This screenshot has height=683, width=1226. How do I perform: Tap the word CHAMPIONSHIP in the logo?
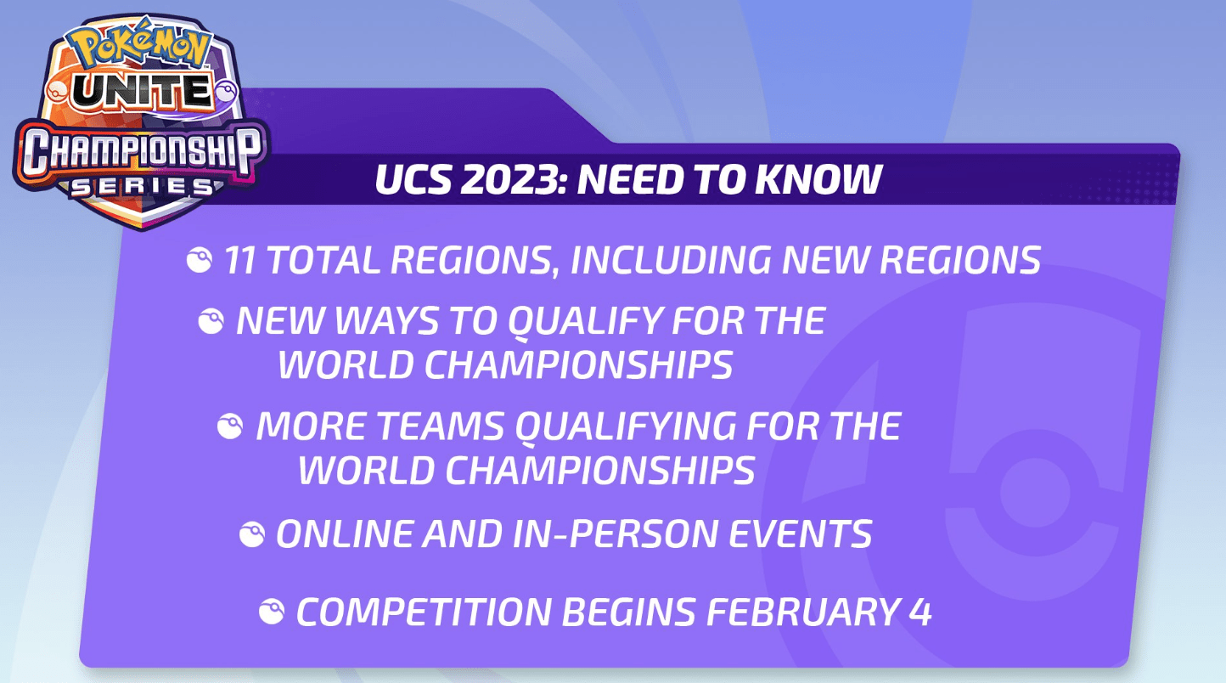click(142, 151)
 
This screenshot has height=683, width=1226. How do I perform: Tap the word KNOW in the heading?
click(818, 179)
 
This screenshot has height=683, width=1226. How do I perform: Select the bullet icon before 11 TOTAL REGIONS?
click(199, 260)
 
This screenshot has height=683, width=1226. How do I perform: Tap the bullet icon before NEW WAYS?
click(211, 321)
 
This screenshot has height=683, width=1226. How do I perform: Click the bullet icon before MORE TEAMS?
click(230, 426)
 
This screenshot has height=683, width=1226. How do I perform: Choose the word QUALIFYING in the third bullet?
click(626, 427)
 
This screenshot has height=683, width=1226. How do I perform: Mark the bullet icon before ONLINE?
click(252, 534)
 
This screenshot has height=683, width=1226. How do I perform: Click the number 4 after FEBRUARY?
click(920, 612)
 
